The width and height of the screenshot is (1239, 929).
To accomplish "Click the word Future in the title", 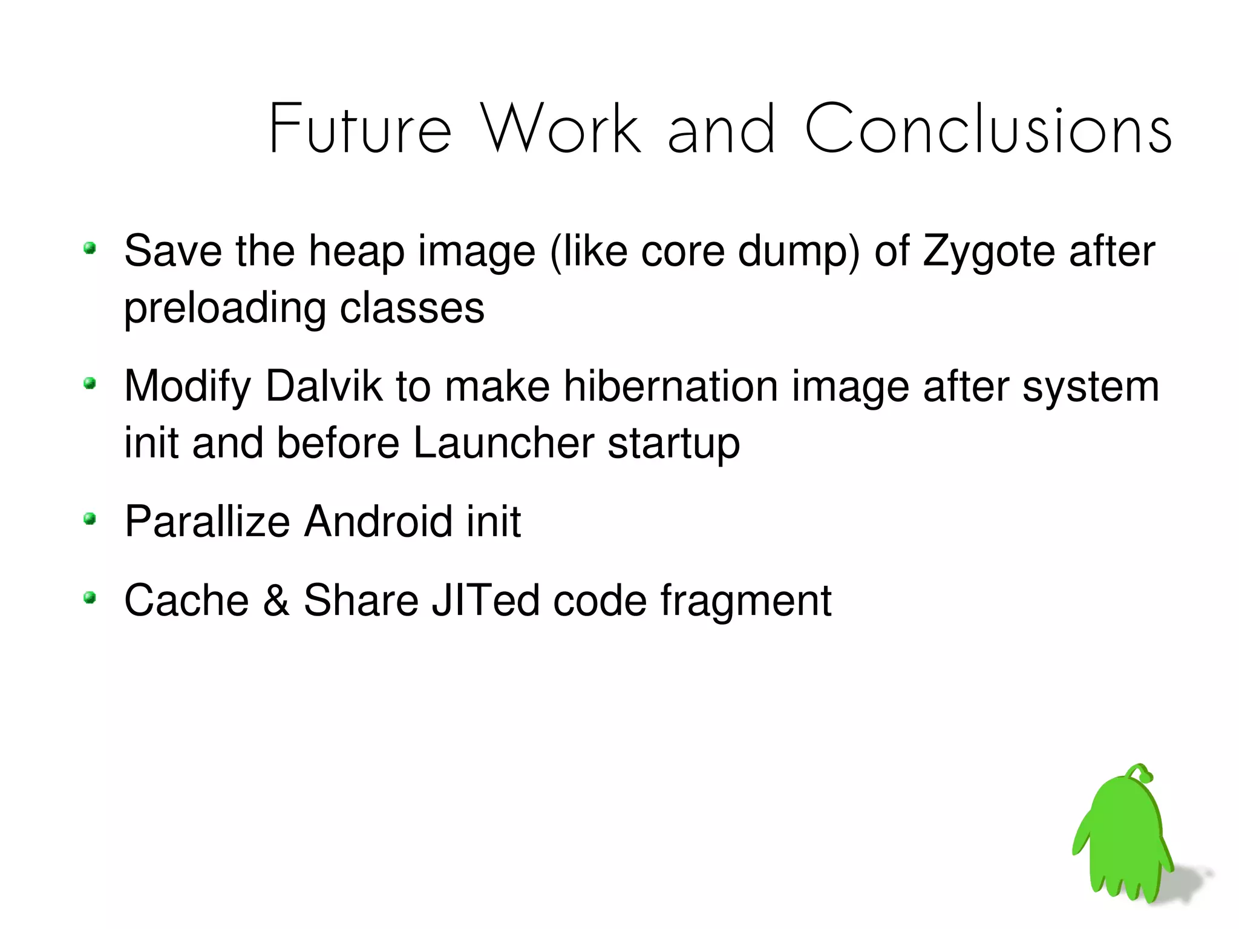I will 360,129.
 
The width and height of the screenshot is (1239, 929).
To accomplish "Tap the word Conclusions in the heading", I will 988,129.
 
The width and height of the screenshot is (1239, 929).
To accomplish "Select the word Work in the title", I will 560,129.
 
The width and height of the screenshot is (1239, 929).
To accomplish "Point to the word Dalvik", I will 324,386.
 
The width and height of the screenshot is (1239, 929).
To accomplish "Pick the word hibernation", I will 670,386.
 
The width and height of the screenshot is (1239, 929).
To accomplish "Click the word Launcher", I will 503,443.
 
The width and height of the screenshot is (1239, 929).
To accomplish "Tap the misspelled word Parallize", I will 207,521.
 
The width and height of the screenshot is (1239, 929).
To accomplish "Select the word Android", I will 378,521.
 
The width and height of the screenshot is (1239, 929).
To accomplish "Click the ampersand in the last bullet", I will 276,600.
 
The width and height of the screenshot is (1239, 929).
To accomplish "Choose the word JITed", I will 485,600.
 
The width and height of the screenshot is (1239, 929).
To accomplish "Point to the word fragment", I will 745,600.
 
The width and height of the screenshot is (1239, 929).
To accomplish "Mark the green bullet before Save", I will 90,248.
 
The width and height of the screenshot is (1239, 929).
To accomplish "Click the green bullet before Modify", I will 90,383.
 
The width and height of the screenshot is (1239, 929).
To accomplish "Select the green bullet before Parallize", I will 90,518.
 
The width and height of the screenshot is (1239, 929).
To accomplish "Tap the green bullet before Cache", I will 90,598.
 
